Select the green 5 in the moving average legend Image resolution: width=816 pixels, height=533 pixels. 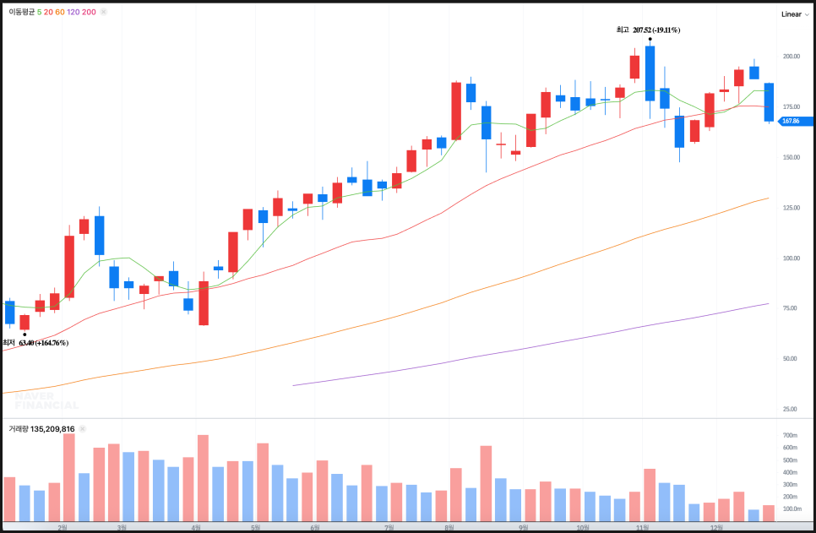39,13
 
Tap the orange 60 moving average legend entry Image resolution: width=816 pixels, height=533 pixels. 59,13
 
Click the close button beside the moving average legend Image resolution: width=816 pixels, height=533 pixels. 105,13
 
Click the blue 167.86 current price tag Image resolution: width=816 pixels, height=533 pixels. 792,121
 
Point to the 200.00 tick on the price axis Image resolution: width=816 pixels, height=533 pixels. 791,57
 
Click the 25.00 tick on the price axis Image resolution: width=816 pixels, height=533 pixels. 791,409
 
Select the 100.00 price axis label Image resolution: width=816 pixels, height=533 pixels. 791,258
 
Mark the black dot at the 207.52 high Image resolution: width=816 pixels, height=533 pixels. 650,39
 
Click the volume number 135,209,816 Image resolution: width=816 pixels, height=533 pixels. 54,429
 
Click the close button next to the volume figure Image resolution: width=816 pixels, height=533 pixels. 83,429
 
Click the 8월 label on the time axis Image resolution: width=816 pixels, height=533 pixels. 449,527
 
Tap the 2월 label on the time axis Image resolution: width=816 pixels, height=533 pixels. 61,527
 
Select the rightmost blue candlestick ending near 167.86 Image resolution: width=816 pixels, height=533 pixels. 769,102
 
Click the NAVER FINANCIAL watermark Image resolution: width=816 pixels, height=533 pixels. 46,400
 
